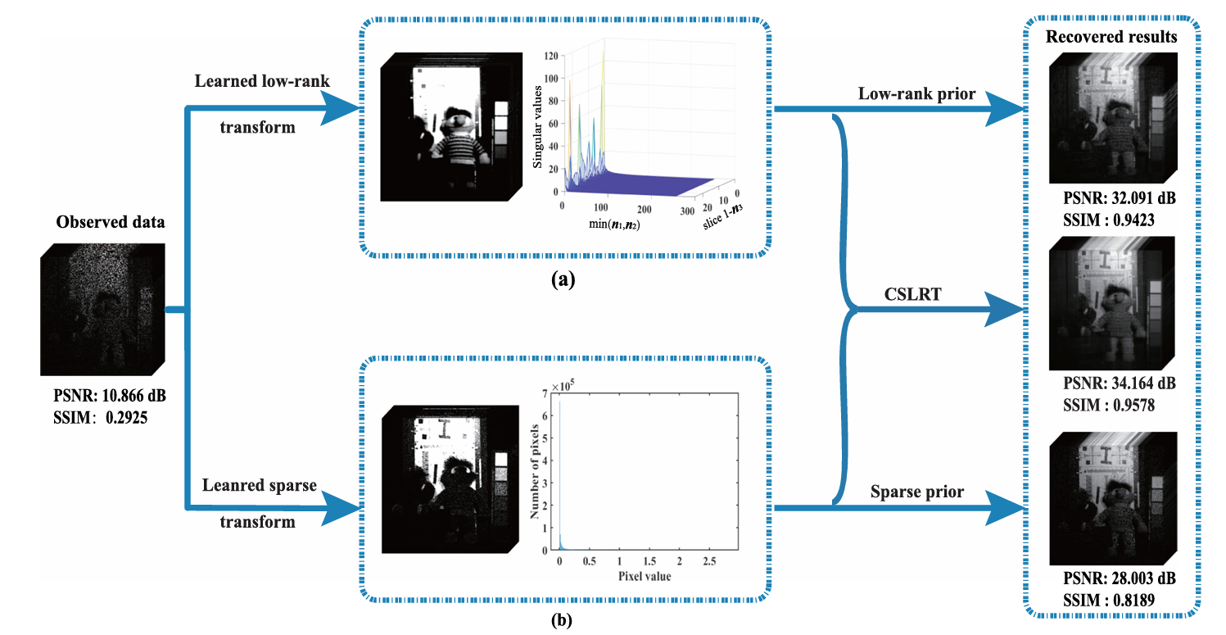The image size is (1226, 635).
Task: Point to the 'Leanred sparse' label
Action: (x=258, y=485)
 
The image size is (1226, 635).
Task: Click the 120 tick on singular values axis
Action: (x=552, y=57)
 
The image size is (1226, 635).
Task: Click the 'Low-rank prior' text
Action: (x=916, y=94)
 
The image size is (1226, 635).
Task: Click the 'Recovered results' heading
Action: (x=1111, y=37)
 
